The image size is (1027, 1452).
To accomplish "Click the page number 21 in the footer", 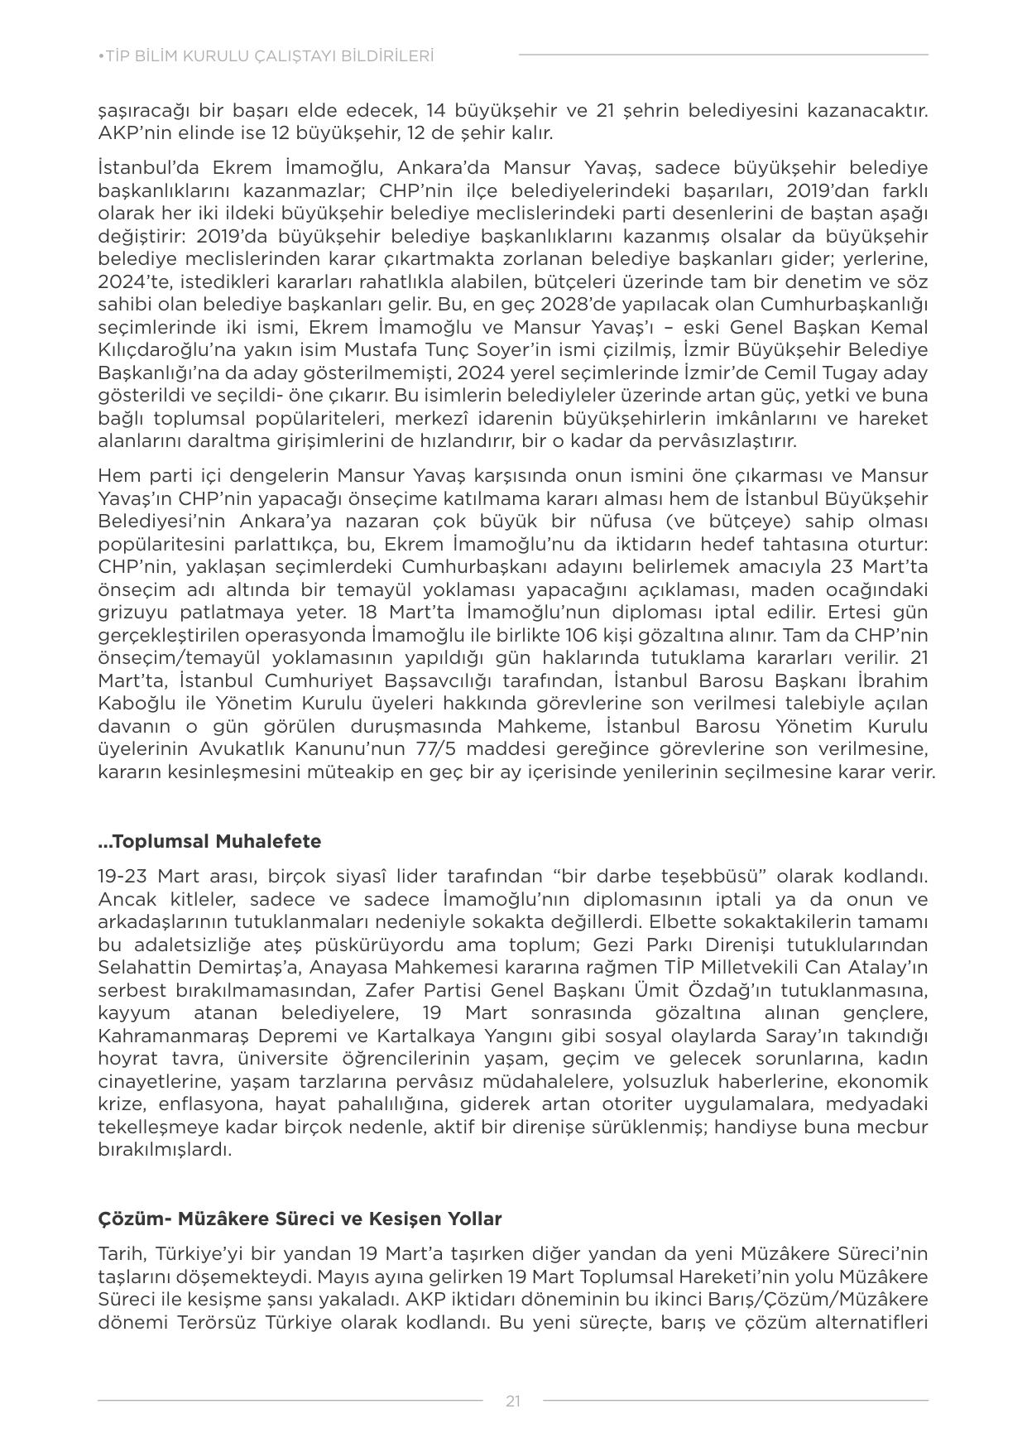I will coord(513,1401).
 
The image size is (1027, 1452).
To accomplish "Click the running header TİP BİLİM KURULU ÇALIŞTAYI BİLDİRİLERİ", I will coord(266,56).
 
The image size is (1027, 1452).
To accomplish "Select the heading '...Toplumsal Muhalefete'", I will coord(209,841).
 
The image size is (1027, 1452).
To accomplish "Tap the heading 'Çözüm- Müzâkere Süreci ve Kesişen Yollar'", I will coord(300,1219).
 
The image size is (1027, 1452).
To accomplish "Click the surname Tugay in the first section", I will coord(829,373).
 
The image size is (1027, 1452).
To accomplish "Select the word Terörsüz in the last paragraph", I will coord(218,1322).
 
